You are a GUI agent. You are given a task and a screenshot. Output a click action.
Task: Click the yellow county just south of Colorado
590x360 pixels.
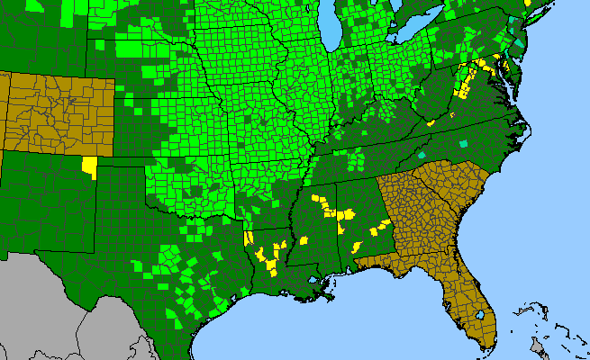(89, 166)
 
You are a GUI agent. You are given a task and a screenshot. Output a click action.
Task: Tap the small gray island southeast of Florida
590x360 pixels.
(538, 346)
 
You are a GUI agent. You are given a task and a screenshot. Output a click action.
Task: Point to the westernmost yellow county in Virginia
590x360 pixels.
(431, 121)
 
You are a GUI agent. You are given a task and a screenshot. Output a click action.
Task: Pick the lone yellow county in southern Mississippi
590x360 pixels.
(304, 240)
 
